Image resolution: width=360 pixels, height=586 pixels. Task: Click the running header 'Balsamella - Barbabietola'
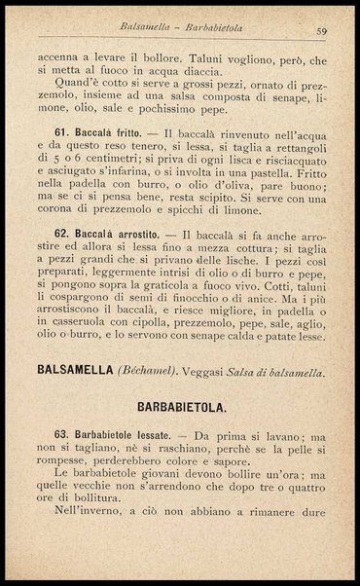point(181,30)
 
